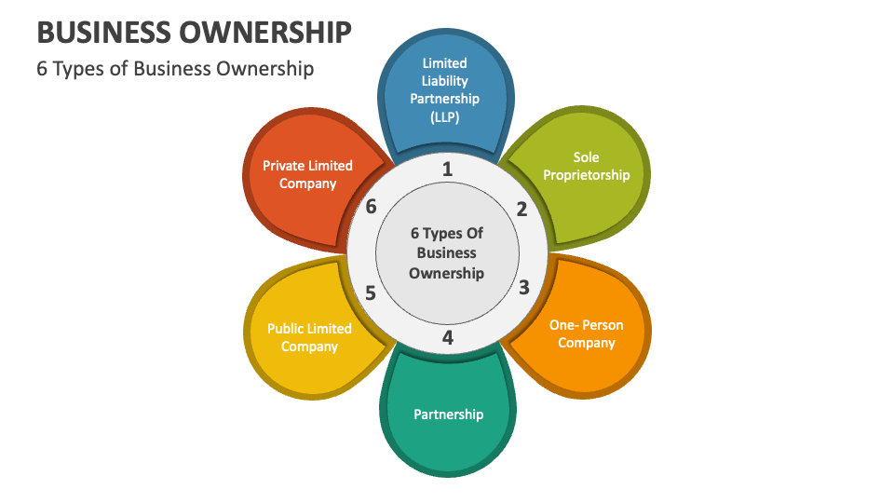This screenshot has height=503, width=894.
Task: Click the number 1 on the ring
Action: [x=448, y=169]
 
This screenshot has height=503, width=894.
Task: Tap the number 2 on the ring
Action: [x=521, y=210]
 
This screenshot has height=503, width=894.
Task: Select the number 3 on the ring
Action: [x=524, y=288]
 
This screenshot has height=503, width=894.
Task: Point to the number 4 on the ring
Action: [x=448, y=337]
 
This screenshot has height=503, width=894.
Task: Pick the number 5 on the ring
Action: [x=371, y=293]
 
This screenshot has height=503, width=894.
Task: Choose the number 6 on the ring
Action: [x=372, y=207]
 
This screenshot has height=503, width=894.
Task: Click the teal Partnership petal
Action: [x=448, y=411]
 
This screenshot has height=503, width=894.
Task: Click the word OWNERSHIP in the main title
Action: [x=265, y=33]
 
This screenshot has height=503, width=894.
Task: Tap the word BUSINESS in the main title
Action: [x=104, y=33]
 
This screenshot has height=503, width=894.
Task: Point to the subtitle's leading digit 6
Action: [x=42, y=69]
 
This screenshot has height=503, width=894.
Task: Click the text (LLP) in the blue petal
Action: [x=445, y=117]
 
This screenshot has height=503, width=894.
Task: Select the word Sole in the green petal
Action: [x=586, y=156]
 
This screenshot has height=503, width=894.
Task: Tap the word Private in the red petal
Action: [x=285, y=166]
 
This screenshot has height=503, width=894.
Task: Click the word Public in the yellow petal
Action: [x=286, y=329]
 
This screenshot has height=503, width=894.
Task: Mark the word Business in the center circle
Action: [x=446, y=252]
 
